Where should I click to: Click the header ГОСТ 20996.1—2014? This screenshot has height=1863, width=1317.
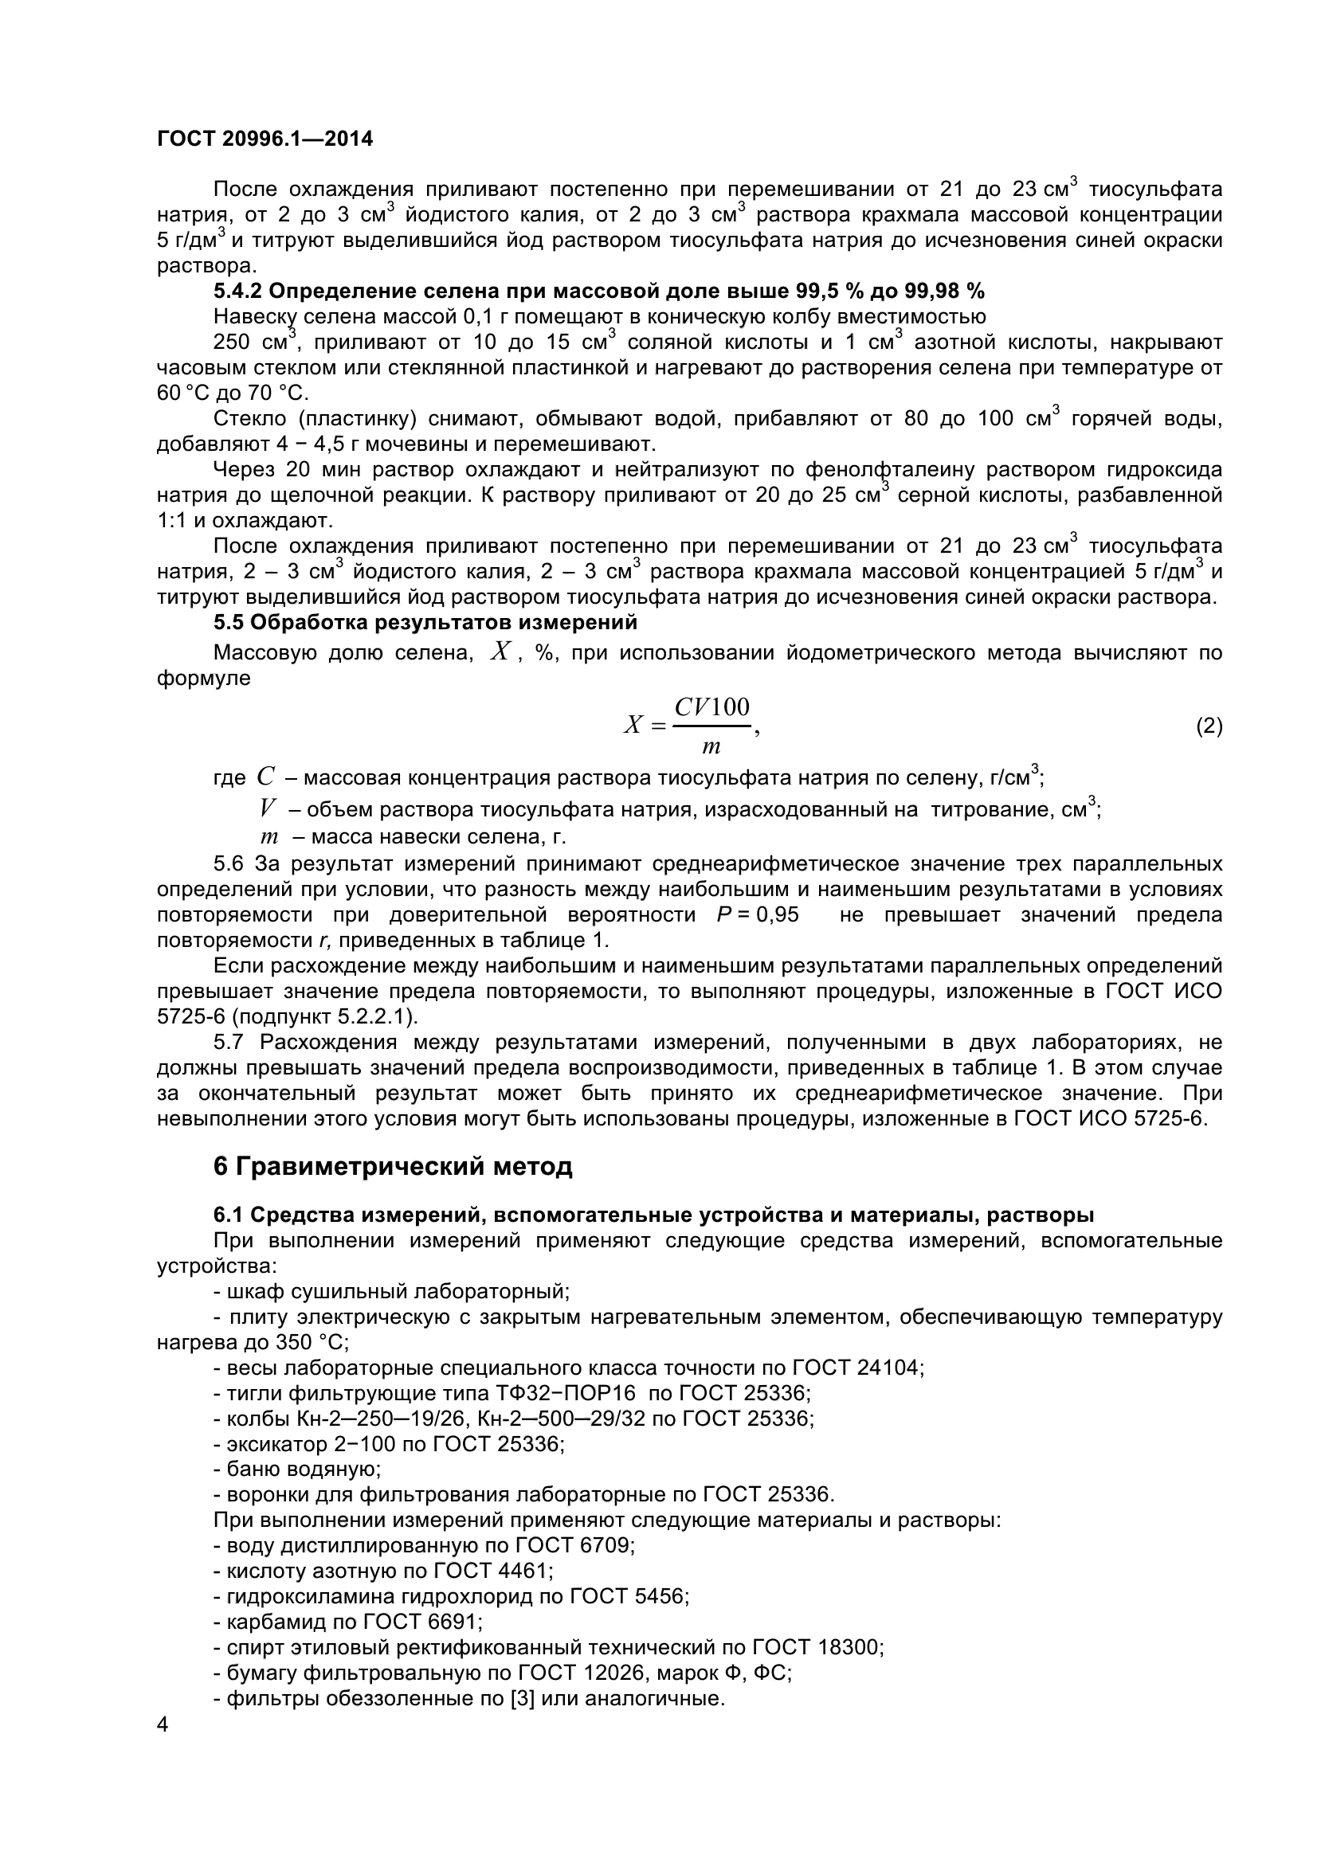265,139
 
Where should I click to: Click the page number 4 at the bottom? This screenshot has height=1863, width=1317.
163,1747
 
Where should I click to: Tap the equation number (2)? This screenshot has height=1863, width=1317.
1209,726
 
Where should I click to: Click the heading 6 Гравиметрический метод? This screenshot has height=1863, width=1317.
393,1167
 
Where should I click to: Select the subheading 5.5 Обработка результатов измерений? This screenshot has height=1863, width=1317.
425,622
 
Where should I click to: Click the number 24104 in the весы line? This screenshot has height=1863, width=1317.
890,1368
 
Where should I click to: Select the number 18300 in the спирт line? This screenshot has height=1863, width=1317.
850,1647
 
